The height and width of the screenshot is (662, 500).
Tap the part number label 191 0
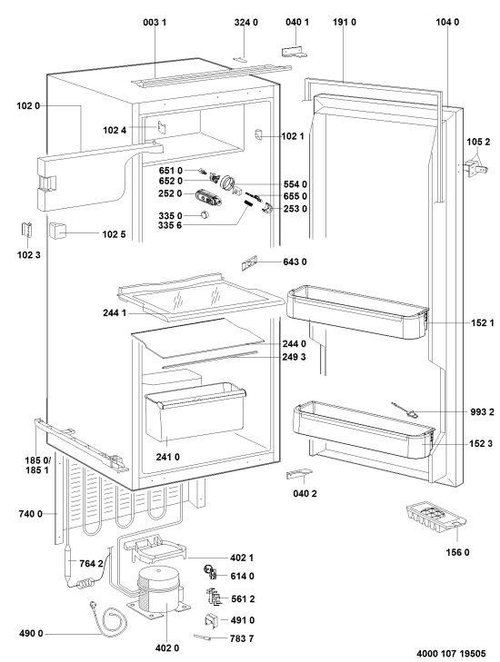point(344,22)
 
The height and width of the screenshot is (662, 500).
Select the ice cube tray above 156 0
point(435,516)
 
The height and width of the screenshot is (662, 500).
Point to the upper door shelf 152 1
point(357,313)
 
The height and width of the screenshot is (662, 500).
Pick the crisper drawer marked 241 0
point(195,411)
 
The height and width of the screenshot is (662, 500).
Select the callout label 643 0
point(295,262)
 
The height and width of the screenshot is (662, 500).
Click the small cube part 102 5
point(58,231)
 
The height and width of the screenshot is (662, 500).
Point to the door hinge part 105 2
point(476,169)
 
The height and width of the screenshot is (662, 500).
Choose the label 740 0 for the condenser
point(30,514)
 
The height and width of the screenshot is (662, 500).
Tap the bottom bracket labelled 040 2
point(299,474)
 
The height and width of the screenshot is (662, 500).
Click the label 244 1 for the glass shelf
point(115,313)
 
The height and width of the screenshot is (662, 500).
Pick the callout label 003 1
point(155,22)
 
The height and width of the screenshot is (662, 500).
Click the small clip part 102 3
point(26,230)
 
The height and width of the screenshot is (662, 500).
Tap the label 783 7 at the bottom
point(242,638)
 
